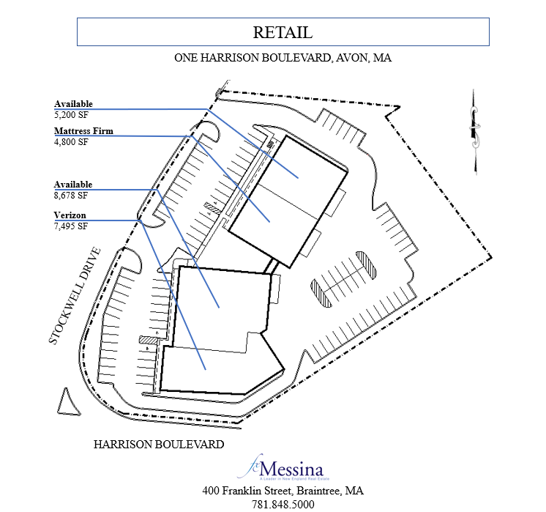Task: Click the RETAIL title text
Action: pos(283,32)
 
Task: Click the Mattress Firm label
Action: pos(83,132)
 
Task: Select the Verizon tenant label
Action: pos(70,215)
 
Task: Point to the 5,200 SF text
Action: pos(71,114)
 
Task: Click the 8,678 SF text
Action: pos(71,196)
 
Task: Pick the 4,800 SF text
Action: pos(71,142)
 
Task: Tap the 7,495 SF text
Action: pos(71,226)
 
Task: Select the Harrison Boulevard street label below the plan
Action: pos(159,444)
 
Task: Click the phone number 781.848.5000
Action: pos(283,505)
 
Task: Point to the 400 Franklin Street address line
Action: pos(283,491)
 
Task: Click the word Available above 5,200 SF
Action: pos(73,104)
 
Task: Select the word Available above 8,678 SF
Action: pos(73,185)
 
